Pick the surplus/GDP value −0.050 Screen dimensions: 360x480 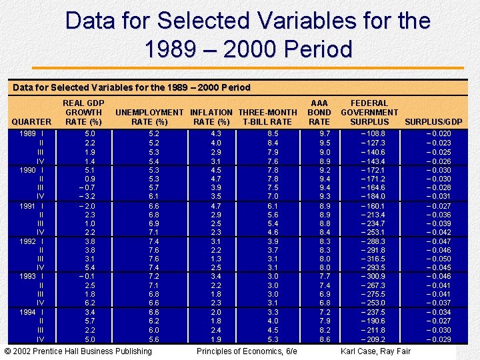[438, 259]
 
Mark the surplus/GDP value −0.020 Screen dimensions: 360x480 [438, 134]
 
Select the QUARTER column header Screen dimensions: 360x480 [31, 121]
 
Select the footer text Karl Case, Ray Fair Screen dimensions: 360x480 [376, 351]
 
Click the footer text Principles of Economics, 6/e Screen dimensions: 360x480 [247, 351]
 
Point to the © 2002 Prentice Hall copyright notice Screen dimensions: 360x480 [78, 351]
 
